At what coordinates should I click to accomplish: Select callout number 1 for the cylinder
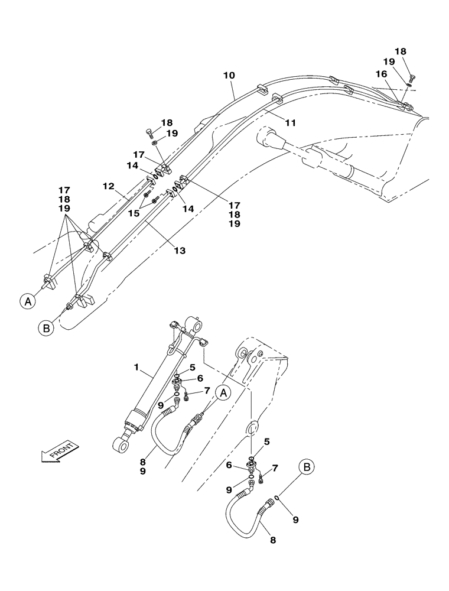click(x=137, y=368)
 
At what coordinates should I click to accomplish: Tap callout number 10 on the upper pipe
click(x=229, y=76)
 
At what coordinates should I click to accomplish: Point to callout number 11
click(x=290, y=122)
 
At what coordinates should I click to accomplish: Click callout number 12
click(x=108, y=186)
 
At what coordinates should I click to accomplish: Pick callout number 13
click(x=180, y=251)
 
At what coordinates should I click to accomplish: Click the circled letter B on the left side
click(x=47, y=326)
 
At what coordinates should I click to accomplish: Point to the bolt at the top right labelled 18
click(x=412, y=78)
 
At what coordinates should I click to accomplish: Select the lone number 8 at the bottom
click(x=272, y=539)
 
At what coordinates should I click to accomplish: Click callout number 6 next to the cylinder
click(x=200, y=378)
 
